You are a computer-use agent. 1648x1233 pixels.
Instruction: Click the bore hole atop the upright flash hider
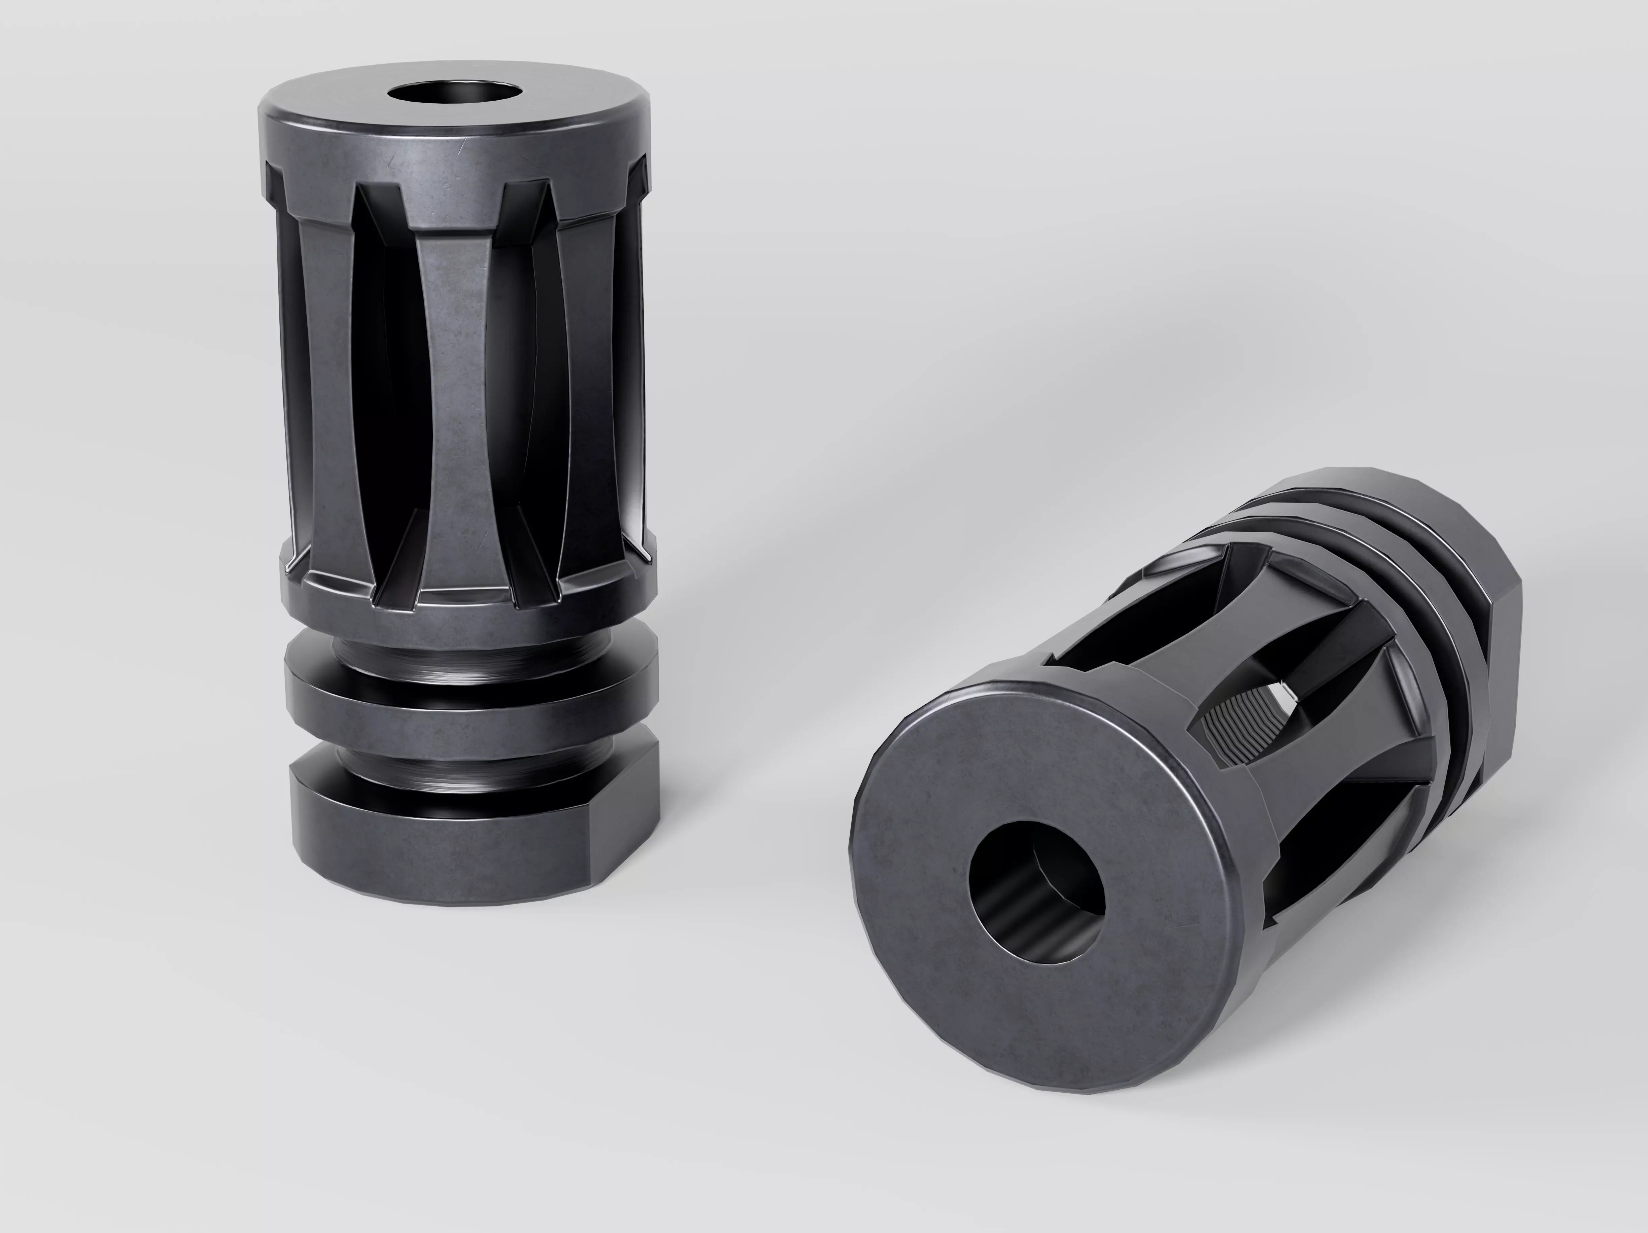tap(454, 95)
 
